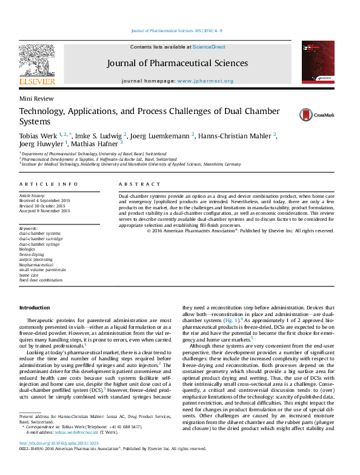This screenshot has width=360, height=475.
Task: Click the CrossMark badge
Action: [x=313, y=114]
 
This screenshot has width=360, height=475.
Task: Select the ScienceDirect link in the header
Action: [x=209, y=47]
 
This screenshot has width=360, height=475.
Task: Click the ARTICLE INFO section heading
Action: [x=48, y=184]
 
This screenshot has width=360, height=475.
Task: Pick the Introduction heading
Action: [x=35, y=308]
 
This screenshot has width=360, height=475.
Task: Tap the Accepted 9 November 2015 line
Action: [x=45, y=211]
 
